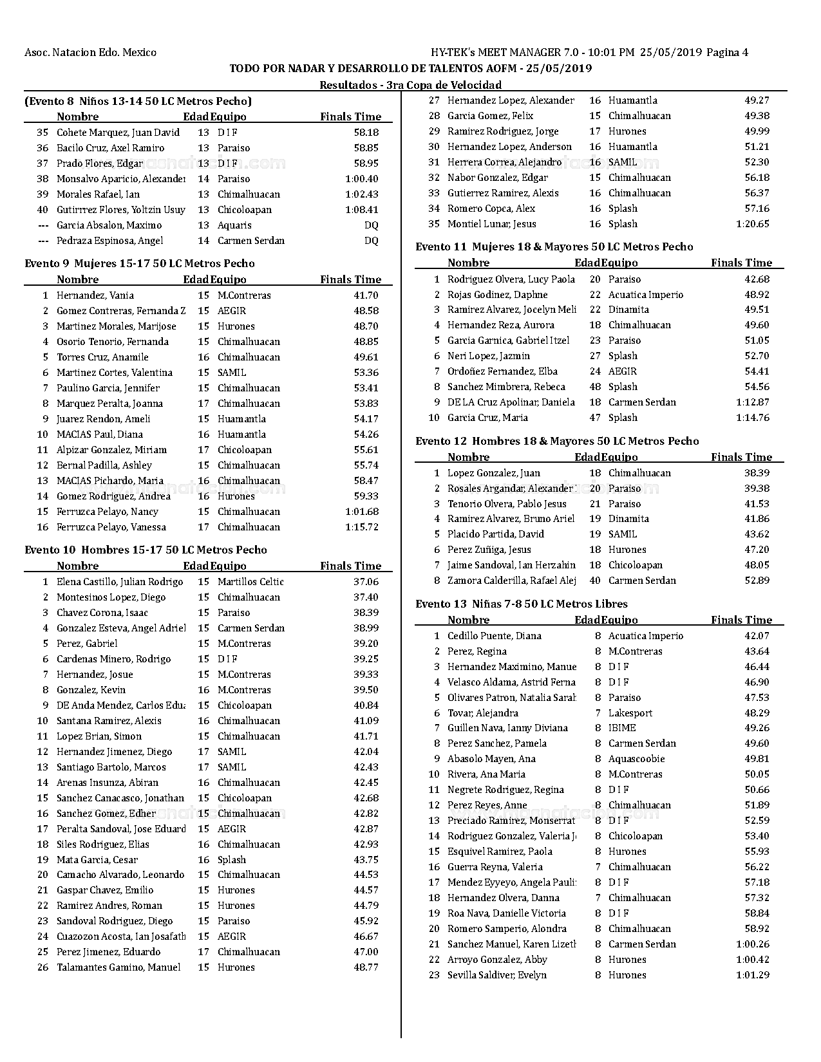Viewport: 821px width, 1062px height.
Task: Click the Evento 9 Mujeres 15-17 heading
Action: pyautogui.click(x=140, y=263)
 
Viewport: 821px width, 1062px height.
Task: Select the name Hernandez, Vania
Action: pyautogui.click(x=95, y=295)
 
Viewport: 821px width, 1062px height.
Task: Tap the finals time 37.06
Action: pyautogui.click(x=366, y=582)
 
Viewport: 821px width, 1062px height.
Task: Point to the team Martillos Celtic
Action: pyautogui.click(x=250, y=582)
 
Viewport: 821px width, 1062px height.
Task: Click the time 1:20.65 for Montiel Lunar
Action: pyautogui.click(x=752, y=224)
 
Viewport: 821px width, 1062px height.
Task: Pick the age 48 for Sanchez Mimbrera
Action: pyautogui.click(x=595, y=387)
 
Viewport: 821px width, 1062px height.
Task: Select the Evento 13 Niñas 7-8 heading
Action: pyautogui.click(x=522, y=604)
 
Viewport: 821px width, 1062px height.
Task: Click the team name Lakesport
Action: pyautogui.click(x=630, y=713)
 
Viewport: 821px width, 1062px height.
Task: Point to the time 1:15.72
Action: pyautogui.click(x=362, y=527)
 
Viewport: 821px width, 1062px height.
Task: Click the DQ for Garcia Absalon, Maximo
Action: pyautogui.click(x=371, y=225)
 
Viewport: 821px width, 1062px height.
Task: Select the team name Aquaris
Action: pyautogui.click(x=234, y=225)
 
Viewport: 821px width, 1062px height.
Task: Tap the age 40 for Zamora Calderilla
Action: pyautogui.click(x=595, y=581)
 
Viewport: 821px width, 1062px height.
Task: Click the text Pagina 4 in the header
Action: pyautogui.click(x=727, y=53)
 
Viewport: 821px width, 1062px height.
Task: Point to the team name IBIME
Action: pyautogui.click(x=622, y=728)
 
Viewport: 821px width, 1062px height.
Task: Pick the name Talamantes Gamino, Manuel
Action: pyautogui.click(x=118, y=967)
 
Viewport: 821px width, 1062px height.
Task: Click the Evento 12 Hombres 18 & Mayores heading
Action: pyautogui.click(x=557, y=441)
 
